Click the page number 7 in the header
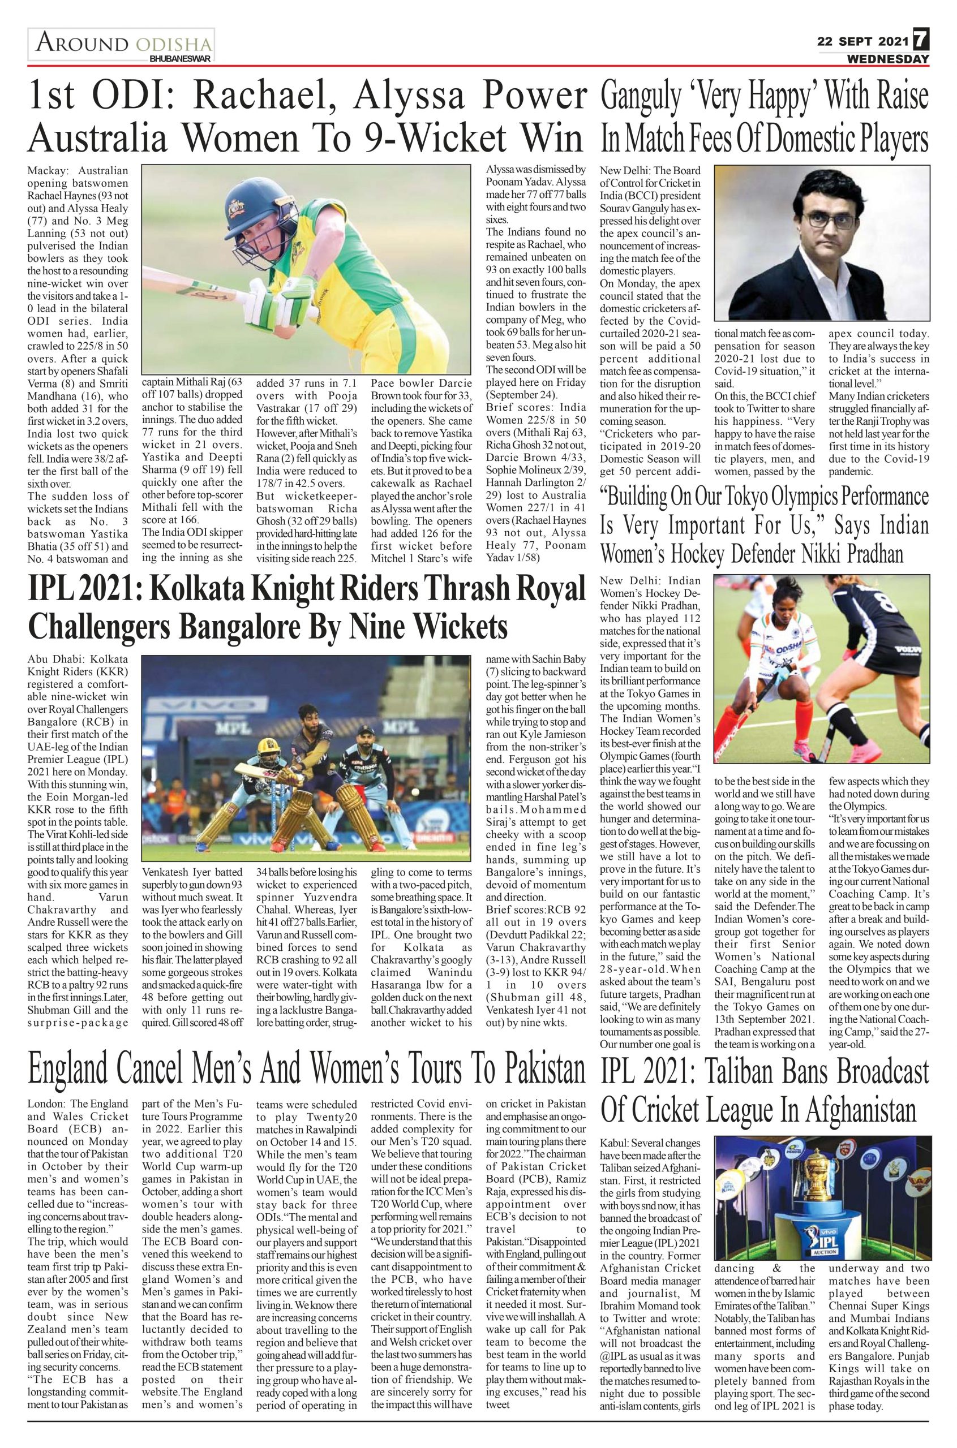(920, 42)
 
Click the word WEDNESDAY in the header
(887, 59)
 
